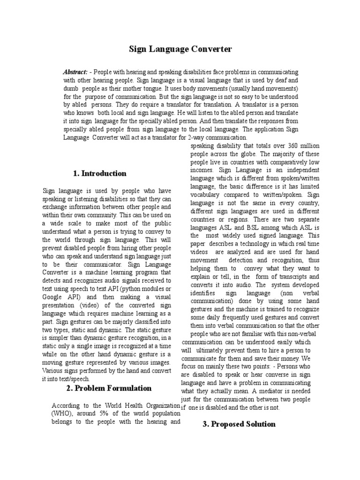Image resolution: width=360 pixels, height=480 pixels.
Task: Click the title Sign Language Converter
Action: pos(180,49)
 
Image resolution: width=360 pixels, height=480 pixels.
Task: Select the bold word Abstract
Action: pos(75,72)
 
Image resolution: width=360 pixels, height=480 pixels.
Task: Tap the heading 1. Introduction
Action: pos(100,173)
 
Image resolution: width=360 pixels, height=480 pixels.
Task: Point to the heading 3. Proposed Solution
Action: pos(239,424)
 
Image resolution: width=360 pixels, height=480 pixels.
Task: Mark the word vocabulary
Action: pos(208,194)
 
